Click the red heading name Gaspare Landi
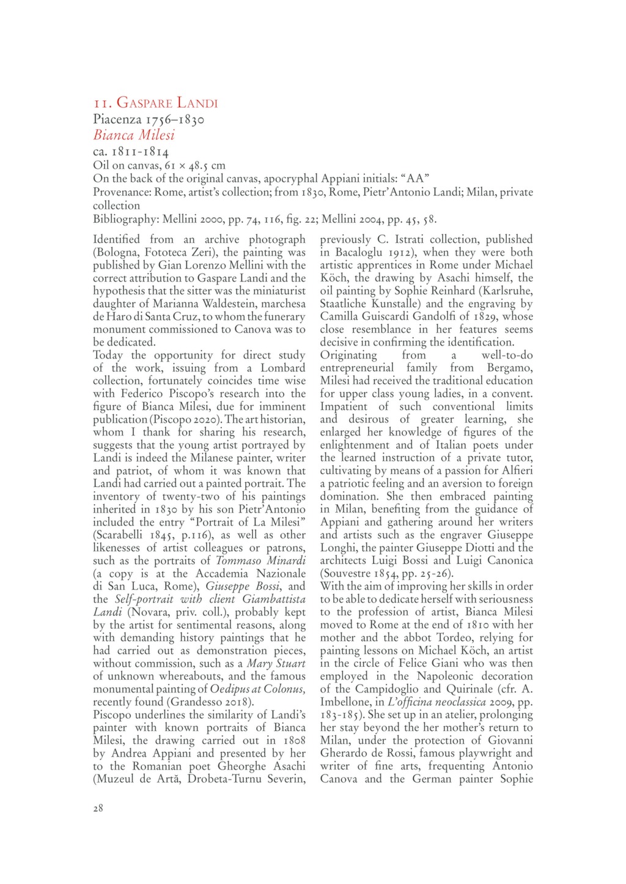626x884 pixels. (x=167, y=103)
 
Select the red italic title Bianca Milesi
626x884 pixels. (x=134, y=135)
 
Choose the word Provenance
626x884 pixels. (x=122, y=192)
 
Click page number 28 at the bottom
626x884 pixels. (x=98, y=808)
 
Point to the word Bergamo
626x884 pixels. (x=510, y=368)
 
